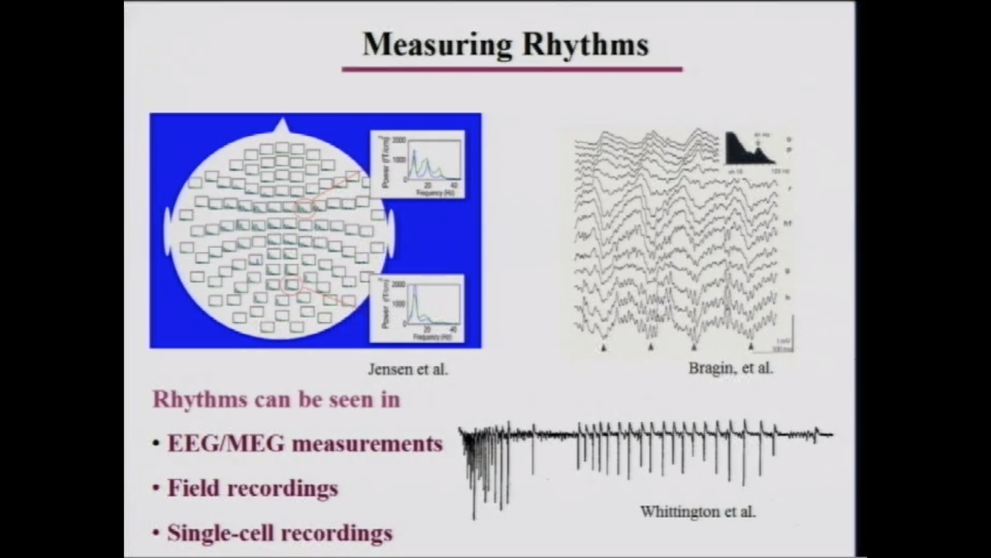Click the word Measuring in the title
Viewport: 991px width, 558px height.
tap(437, 45)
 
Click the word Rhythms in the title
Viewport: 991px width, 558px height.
tap(585, 45)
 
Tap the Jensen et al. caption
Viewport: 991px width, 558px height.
tap(408, 370)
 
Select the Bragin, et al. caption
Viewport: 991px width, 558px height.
tap(731, 368)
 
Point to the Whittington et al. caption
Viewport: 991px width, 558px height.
tap(698, 511)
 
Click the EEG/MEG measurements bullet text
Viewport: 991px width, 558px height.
tap(305, 444)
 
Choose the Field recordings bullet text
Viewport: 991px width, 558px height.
tap(253, 488)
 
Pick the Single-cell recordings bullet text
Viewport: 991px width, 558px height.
tap(279, 533)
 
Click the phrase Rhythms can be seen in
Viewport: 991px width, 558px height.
tap(276, 399)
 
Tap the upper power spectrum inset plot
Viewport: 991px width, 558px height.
tap(417, 164)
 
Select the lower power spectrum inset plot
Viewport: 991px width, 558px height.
tap(417, 308)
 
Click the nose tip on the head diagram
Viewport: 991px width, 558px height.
tap(282, 123)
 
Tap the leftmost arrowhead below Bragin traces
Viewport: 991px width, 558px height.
tap(604, 348)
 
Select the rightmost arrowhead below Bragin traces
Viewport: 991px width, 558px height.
tap(751, 347)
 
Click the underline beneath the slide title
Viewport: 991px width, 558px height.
tap(512, 69)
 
